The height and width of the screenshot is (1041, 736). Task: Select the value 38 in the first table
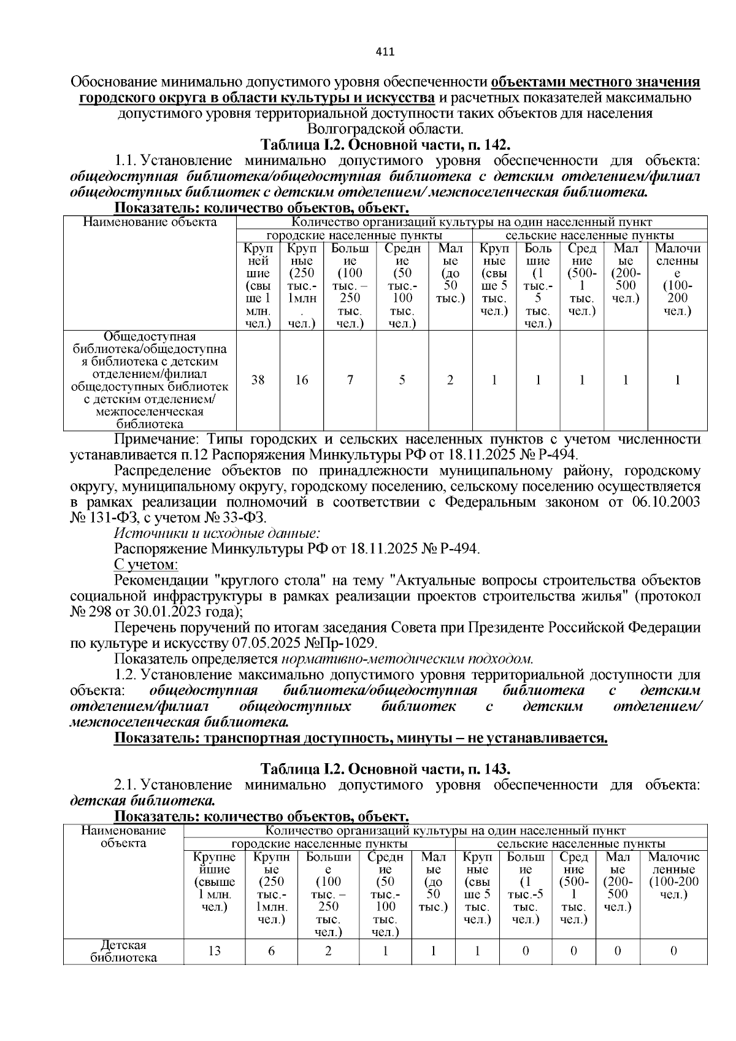[258, 380]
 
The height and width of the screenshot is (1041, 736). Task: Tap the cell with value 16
[301, 380]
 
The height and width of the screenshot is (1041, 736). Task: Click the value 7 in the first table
[350, 380]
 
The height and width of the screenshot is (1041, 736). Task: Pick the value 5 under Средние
[402, 380]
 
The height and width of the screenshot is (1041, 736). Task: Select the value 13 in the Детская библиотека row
[214, 951]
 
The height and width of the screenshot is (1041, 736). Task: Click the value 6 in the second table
[272, 951]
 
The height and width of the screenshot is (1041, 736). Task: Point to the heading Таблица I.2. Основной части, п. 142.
[385, 145]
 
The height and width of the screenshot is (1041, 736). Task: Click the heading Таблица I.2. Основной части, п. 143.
[385, 769]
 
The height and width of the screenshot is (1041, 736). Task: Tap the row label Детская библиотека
[123, 951]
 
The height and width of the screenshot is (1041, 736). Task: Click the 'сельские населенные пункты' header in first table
[589, 236]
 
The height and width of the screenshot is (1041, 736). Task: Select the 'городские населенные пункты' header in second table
[320, 843]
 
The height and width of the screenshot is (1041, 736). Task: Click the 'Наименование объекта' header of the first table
[150, 222]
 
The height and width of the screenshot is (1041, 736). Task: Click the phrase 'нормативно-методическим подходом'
[407, 659]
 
